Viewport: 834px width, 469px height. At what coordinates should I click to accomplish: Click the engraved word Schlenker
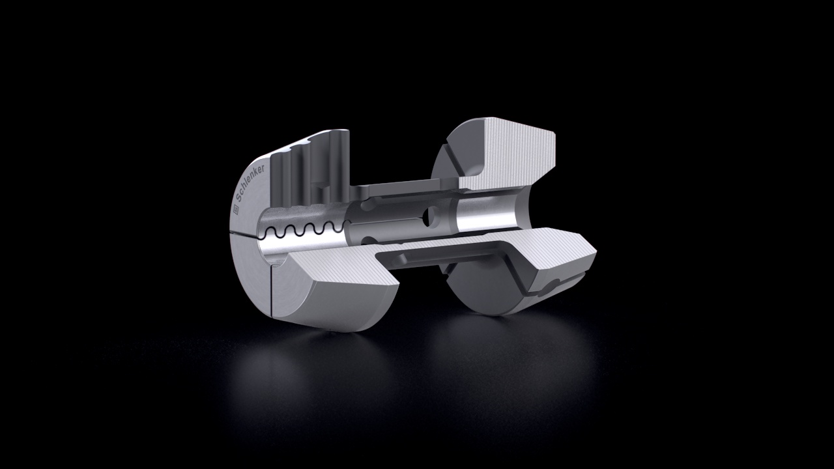coord(250,183)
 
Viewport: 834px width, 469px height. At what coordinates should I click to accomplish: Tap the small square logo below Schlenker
coord(235,210)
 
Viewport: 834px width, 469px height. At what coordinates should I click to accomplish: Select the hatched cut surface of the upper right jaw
coord(508,154)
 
